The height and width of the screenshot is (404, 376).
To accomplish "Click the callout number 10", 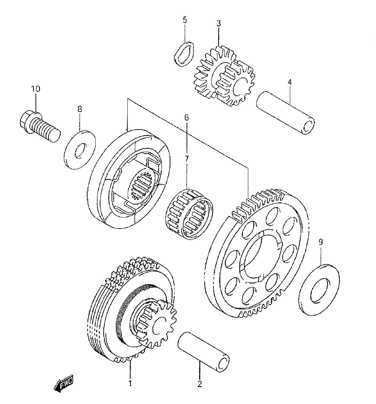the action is click(36, 89).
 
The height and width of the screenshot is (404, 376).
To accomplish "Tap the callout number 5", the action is click(185, 20).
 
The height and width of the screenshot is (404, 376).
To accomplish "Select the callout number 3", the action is click(218, 23).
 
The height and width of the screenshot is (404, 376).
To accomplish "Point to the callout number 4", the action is click(290, 82).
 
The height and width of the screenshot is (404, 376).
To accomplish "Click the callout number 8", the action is click(80, 109).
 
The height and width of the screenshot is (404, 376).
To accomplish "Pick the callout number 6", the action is click(186, 117).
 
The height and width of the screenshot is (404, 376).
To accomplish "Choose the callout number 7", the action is click(186, 159).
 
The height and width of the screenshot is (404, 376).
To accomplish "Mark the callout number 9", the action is click(320, 242).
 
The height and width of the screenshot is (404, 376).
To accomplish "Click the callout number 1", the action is click(130, 383).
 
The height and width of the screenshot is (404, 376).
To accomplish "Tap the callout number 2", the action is click(199, 384).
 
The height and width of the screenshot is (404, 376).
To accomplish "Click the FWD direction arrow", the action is click(64, 383).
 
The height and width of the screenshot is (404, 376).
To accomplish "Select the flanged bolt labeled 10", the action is click(39, 126).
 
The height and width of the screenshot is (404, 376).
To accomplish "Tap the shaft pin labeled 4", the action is click(286, 113).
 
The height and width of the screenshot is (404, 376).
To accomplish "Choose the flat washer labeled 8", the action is click(80, 150).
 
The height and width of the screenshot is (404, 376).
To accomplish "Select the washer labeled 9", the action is click(320, 289).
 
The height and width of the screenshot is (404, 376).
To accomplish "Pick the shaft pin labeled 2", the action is click(203, 352).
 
